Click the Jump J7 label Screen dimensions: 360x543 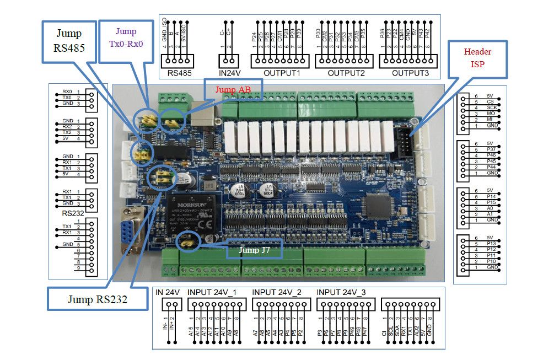254,250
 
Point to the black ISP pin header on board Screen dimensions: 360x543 404,139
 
